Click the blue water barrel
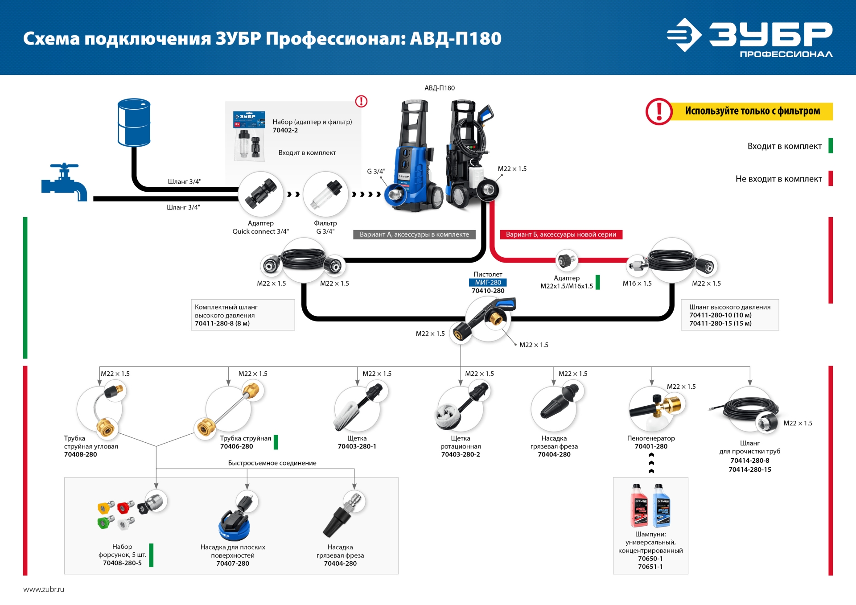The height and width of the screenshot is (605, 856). click(134, 123)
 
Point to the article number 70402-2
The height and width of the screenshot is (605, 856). click(285, 130)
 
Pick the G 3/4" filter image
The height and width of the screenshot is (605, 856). click(325, 194)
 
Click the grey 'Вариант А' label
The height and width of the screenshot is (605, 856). click(414, 235)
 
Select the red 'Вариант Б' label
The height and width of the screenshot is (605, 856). click(561, 235)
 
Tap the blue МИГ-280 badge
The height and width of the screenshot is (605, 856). click(488, 282)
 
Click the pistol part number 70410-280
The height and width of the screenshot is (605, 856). click(488, 291)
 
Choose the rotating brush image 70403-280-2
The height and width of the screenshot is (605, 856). click(459, 408)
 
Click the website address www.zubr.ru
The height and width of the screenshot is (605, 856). click(44, 589)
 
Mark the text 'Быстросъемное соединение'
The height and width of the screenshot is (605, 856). click(272, 463)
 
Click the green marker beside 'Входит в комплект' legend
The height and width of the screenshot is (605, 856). click(831, 146)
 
